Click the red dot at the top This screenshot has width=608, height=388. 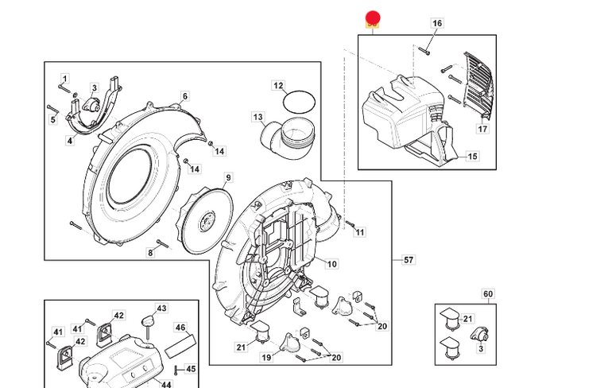coord(373,18)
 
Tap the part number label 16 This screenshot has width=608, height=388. coord(436,24)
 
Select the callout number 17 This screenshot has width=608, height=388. coord(482,128)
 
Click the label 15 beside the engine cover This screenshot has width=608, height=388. coord(472,157)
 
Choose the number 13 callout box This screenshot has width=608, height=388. coord(258,118)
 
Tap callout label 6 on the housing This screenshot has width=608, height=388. coord(185,96)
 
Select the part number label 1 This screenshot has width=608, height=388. coord(65,78)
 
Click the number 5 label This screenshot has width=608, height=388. coord(53,120)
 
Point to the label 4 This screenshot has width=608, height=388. coord(70,141)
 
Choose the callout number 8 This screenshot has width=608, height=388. coord(150,253)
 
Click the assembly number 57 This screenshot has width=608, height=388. coord(409,260)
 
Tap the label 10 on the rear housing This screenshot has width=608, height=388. coord(331,264)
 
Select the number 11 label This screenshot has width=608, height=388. coord(359,232)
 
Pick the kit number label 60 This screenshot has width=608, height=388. coord(487,294)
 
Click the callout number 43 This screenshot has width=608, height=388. coord(161,308)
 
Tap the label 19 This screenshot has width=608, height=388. coord(267,358)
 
